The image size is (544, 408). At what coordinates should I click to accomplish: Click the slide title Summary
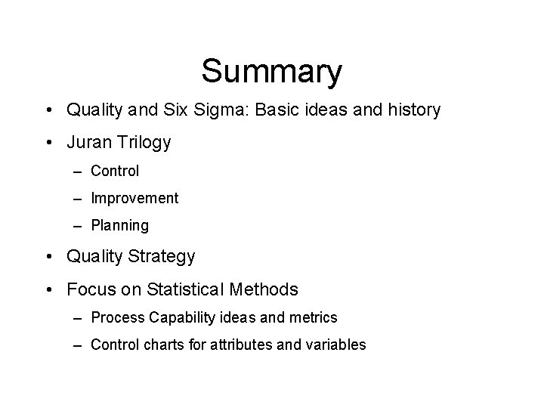click(271, 72)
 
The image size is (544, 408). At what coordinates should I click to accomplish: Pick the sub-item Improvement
click(134, 198)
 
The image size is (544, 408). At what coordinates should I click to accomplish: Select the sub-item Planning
click(119, 225)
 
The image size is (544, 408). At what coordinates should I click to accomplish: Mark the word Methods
click(266, 289)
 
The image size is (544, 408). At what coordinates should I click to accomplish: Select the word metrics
click(314, 317)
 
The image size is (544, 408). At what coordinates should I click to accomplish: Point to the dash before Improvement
click(79, 199)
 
